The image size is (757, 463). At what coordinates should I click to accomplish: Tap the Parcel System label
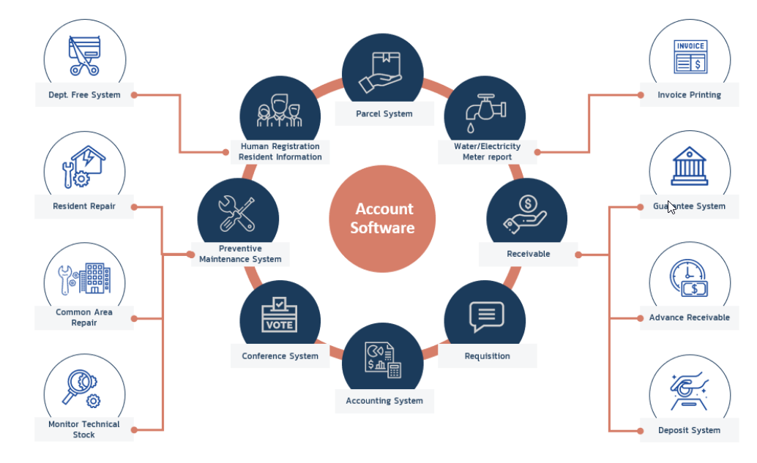pyautogui.click(x=384, y=113)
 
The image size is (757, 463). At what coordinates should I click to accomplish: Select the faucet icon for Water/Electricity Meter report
pyautogui.click(x=485, y=109)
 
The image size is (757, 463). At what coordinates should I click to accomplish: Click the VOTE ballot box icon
pyautogui.click(x=279, y=315)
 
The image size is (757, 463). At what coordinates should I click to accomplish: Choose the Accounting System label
pyautogui.click(x=384, y=401)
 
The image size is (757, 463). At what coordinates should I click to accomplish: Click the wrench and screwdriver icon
pyautogui.click(x=237, y=214)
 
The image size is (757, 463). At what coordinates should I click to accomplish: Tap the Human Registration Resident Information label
pyautogui.click(x=280, y=151)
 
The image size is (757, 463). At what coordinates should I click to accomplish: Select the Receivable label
pyautogui.click(x=528, y=254)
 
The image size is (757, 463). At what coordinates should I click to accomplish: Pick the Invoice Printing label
pyautogui.click(x=689, y=95)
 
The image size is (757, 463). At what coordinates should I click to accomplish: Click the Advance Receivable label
pyautogui.click(x=689, y=317)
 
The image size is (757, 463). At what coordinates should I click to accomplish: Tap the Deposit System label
pyautogui.click(x=689, y=430)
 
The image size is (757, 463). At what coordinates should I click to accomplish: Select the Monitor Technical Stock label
pyautogui.click(x=83, y=429)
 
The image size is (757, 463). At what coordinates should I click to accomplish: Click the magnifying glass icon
pyautogui.click(x=81, y=388)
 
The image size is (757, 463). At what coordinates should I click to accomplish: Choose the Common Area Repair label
pyautogui.click(x=83, y=317)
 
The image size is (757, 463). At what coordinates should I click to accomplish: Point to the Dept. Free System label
pyautogui.click(x=84, y=95)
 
